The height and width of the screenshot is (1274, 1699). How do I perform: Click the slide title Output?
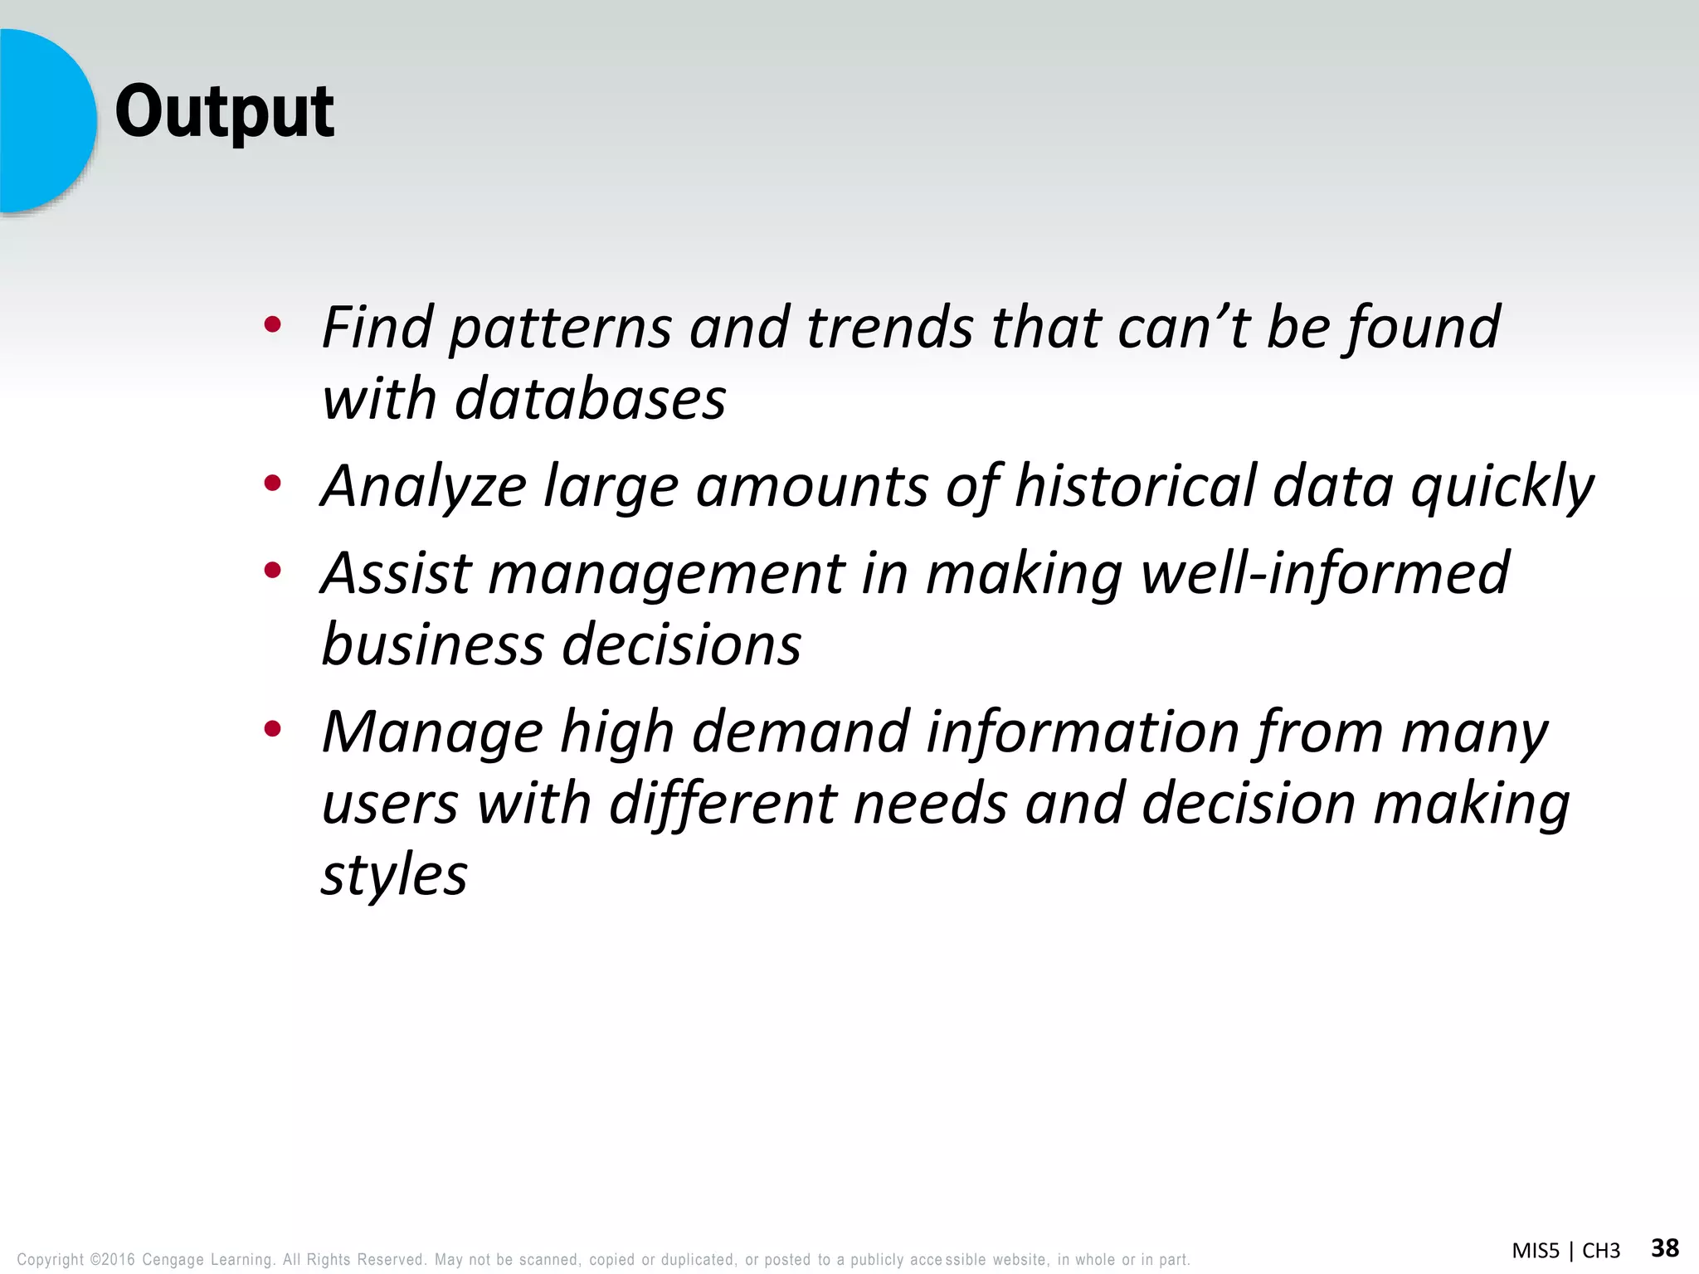[224, 112]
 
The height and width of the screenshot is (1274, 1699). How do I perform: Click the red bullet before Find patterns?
[272, 324]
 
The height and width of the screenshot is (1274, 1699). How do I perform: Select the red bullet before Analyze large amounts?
[272, 483]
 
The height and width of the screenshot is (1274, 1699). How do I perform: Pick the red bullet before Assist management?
[272, 570]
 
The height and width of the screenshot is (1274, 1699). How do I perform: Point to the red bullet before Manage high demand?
[272, 729]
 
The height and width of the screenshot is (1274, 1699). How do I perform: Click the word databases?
[590, 399]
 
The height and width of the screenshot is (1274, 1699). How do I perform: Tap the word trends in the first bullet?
[889, 327]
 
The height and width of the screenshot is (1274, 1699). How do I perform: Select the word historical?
[1134, 486]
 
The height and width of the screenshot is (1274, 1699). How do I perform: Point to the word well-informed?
[1325, 573]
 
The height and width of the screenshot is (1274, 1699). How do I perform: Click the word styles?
[394, 877]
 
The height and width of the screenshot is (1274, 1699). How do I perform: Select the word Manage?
[431, 733]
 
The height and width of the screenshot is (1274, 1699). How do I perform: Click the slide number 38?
[1664, 1247]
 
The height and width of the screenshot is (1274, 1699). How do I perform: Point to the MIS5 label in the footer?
[1536, 1251]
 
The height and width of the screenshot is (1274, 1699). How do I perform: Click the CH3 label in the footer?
[1600, 1251]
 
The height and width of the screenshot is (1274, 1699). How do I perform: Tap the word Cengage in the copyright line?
[173, 1260]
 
